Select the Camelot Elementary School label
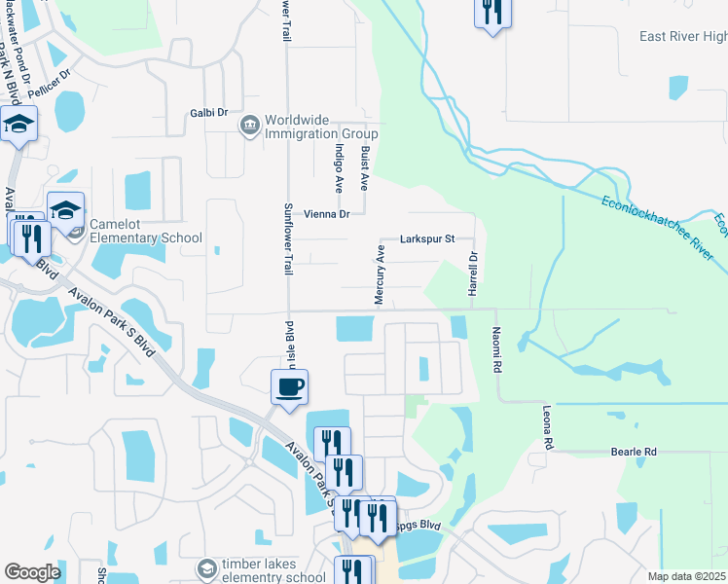point(146,230)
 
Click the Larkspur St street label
point(428,238)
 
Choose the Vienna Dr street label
point(326,214)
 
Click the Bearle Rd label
point(634,452)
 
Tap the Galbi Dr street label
point(208,113)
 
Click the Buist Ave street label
point(365,166)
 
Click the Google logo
point(32,571)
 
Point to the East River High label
point(682,37)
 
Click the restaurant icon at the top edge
point(491,12)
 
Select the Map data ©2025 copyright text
point(686,576)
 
